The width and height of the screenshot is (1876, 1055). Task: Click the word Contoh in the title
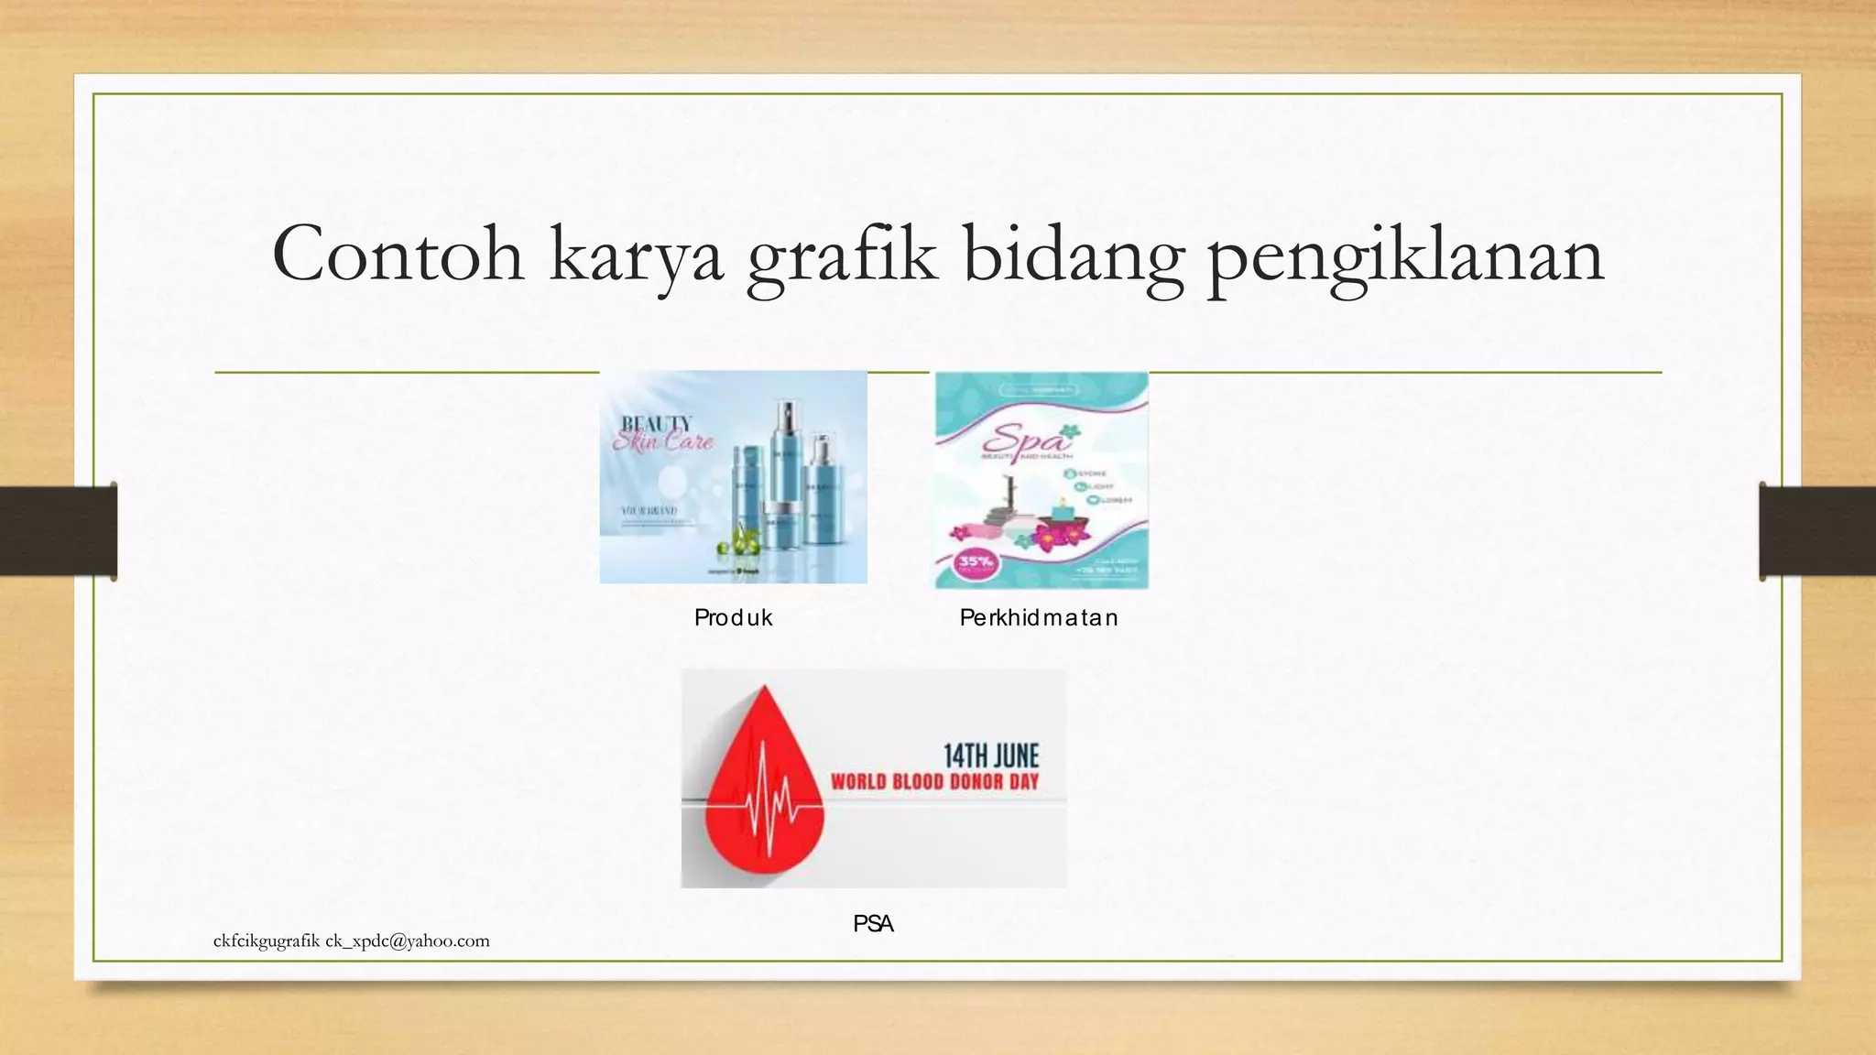tap(398, 255)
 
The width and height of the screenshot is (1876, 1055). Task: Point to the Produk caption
tap(733, 618)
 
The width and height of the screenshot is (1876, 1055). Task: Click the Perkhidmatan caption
tap(1039, 618)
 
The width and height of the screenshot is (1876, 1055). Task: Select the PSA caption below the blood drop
tap(873, 924)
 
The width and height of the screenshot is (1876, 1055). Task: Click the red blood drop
tap(766, 778)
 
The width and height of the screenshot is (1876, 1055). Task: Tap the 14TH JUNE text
tap(991, 756)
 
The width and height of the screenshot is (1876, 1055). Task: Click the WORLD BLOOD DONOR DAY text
tap(934, 782)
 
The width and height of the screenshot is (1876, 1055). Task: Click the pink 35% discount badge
tap(975, 562)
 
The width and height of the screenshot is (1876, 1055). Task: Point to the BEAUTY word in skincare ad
tap(656, 424)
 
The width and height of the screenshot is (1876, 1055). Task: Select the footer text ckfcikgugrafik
tap(266, 941)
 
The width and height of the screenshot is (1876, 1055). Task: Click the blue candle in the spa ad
tap(1062, 507)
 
